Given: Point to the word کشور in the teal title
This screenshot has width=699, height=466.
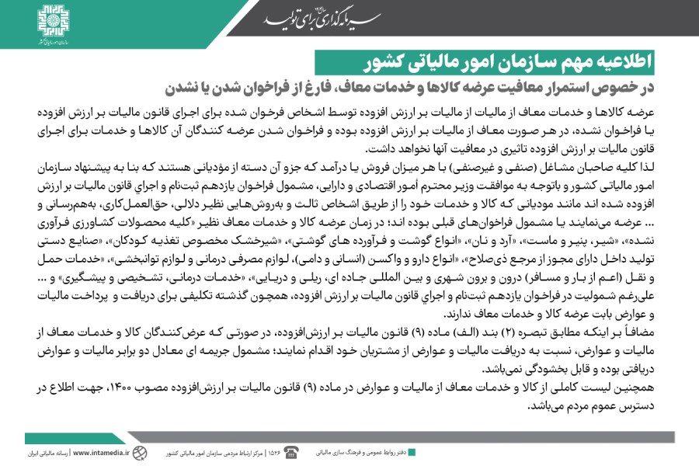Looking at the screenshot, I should (x=342, y=61).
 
